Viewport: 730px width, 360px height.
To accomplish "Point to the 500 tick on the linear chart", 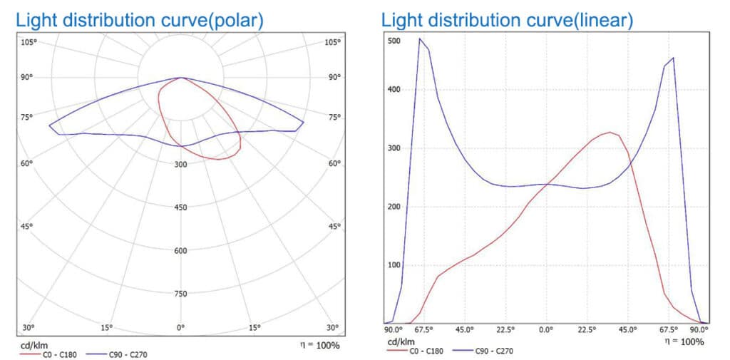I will (x=394, y=41).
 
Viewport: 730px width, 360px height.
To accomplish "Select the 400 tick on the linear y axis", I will (x=394, y=90).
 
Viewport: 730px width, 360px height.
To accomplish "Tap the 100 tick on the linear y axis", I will (x=394, y=265).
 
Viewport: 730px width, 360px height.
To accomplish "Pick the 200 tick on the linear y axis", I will (x=394, y=207).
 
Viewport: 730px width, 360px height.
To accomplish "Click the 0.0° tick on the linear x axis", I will (x=546, y=330).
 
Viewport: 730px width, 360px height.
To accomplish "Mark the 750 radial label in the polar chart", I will (x=181, y=294).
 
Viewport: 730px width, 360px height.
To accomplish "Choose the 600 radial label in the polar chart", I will (x=181, y=251).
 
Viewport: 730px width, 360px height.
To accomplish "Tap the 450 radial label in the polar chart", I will (x=181, y=207).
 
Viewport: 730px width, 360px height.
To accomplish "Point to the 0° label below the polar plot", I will (x=181, y=328).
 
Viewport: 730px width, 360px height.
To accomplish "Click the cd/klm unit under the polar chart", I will (x=33, y=345).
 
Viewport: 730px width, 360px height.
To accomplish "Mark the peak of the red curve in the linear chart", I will (x=610, y=133).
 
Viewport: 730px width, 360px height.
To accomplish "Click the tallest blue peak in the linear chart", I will (x=419, y=38).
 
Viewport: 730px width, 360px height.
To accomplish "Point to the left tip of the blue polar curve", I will (x=49, y=125).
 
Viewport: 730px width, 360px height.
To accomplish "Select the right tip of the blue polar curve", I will (x=304, y=123).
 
